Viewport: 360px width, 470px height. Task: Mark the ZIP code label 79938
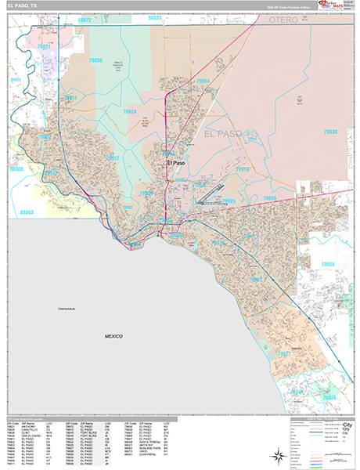click(x=331, y=132)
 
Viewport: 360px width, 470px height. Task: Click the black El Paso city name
click(x=175, y=163)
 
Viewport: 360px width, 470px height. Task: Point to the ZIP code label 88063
click(x=27, y=211)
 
